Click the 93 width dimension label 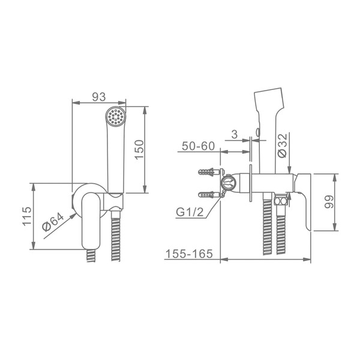pos(99,97)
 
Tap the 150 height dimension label pos(139,149)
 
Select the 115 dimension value pos(27,216)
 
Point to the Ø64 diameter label pos(53,222)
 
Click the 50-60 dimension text pos(199,146)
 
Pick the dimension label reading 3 pos(235,134)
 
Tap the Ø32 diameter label pos(282,145)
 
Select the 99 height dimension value pos(329,202)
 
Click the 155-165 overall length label pos(189,254)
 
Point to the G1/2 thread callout pos(190,212)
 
